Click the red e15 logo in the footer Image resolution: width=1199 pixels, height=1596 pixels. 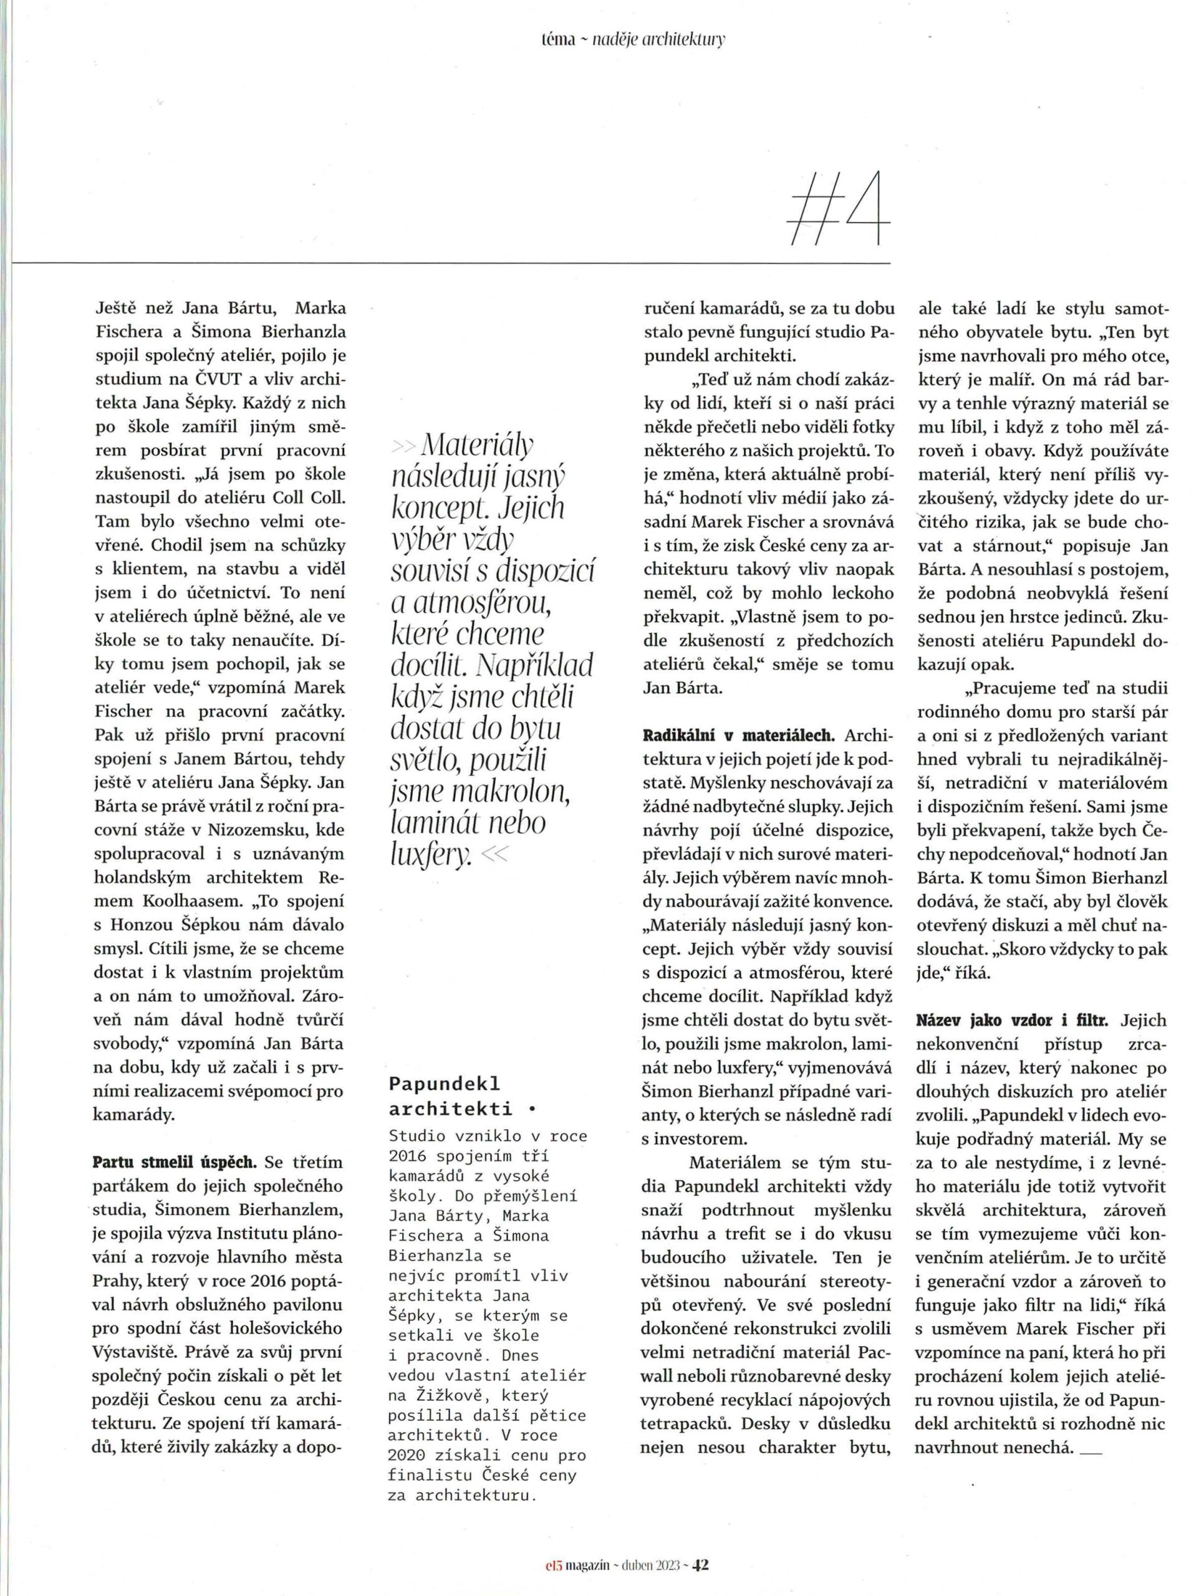554,1560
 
